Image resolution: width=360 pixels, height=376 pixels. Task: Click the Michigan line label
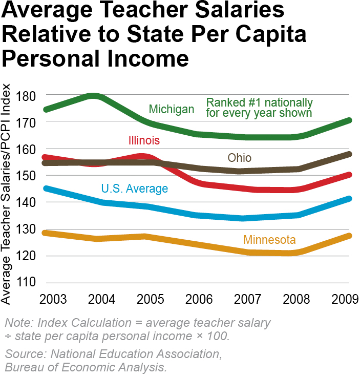coord(171,109)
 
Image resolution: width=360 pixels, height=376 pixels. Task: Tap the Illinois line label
coord(144,140)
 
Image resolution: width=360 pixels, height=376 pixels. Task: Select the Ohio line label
coord(240,157)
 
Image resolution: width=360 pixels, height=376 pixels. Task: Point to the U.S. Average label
coord(134,189)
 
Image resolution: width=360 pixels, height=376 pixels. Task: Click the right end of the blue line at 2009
coord(350,198)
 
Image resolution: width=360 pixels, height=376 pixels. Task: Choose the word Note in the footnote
coord(17,324)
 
